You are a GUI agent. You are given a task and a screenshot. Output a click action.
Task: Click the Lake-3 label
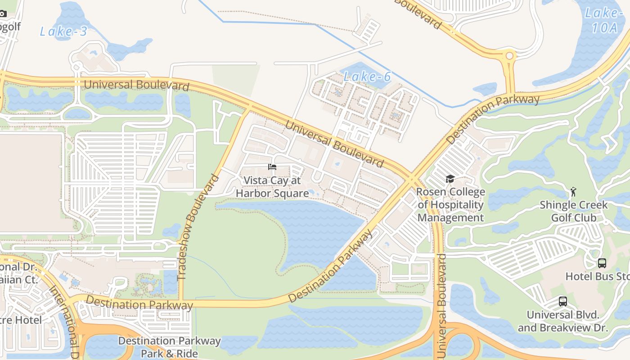(x=63, y=31)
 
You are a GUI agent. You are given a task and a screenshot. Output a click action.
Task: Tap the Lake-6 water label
(x=367, y=76)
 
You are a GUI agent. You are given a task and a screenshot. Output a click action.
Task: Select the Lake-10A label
(x=604, y=20)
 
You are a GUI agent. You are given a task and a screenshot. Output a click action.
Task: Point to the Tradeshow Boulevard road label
(x=198, y=227)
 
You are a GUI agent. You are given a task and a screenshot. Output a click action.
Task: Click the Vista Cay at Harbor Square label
(x=272, y=187)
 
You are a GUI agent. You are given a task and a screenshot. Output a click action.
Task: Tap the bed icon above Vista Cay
(x=272, y=167)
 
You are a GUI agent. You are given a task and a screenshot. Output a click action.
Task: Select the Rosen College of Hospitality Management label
(x=450, y=205)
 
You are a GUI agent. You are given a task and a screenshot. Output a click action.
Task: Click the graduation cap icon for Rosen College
(x=450, y=179)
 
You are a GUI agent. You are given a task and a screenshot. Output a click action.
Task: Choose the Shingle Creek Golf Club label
(x=574, y=211)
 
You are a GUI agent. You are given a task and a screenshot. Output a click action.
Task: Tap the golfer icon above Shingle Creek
(x=573, y=192)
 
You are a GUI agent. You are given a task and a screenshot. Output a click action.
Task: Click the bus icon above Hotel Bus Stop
(x=602, y=263)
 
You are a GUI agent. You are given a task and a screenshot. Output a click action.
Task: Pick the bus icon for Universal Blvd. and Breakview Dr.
(x=562, y=301)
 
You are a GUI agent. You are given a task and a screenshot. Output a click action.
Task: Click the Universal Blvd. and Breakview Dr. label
(x=562, y=321)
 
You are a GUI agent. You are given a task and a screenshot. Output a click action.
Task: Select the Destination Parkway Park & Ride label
(x=169, y=347)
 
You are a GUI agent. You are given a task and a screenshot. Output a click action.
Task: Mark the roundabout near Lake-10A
(x=509, y=56)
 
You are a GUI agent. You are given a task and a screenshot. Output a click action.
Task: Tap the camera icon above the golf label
(x=3, y=13)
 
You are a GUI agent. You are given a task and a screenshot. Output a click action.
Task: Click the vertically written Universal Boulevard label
(x=441, y=306)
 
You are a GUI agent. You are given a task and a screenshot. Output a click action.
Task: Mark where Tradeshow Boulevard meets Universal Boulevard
(x=247, y=108)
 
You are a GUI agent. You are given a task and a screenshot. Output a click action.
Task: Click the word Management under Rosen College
(x=450, y=218)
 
